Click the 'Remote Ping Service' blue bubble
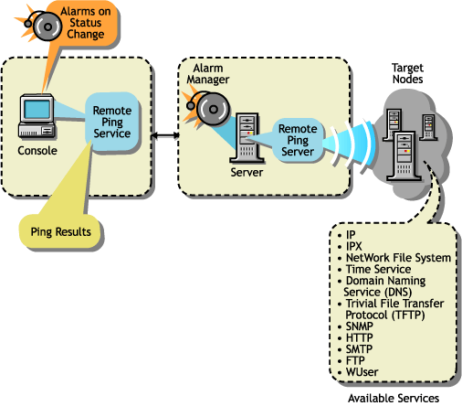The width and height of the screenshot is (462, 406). pyautogui.click(x=111, y=122)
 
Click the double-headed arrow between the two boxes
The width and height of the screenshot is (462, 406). pyautogui.click(x=163, y=135)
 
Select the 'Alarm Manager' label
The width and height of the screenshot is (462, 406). pyautogui.click(x=211, y=75)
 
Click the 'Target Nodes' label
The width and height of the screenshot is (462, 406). pyautogui.click(x=406, y=75)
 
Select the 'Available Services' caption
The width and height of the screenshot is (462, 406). pyautogui.click(x=394, y=399)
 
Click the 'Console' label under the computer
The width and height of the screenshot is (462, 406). pyautogui.click(x=37, y=150)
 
